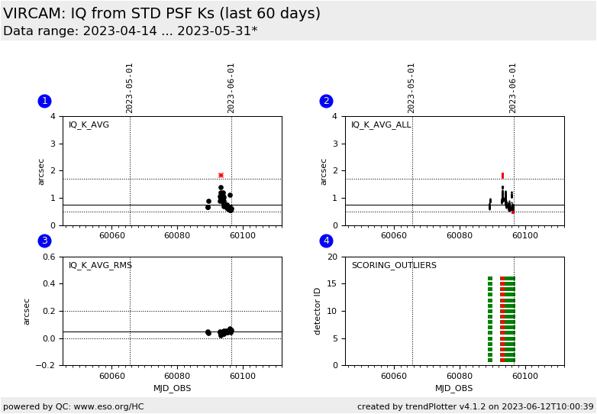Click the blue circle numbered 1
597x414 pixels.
tap(44, 101)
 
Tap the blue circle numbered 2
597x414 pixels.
tap(326, 101)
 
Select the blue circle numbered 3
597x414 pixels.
tap(44, 241)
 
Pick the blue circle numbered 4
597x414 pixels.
tap(326, 241)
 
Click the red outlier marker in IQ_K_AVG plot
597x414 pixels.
tap(221, 175)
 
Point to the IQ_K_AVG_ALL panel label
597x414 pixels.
tap(380, 125)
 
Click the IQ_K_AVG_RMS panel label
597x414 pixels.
tap(100, 266)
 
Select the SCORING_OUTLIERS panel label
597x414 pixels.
tap(393, 266)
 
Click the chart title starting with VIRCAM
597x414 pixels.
tap(162, 14)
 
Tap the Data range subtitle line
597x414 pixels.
tap(130, 31)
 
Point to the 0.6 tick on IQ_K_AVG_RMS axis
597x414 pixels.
tap(48, 257)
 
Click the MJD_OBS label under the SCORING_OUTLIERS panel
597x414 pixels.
tap(454, 389)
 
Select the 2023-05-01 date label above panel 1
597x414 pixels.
tap(130, 88)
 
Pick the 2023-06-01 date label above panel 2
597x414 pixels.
tap(513, 88)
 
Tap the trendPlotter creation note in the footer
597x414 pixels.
tap(475, 407)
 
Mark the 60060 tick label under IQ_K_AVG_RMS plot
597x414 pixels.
tap(111, 376)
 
